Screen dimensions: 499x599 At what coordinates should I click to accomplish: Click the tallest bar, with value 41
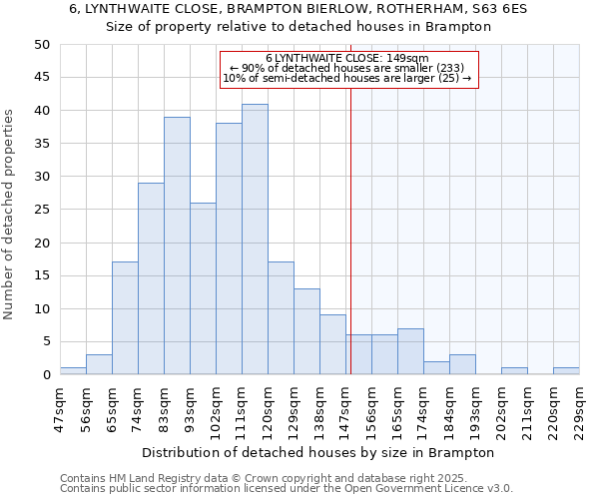(x=255, y=240)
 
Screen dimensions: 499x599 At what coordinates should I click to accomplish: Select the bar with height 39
(x=177, y=246)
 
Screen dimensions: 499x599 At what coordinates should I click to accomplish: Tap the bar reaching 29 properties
(x=151, y=278)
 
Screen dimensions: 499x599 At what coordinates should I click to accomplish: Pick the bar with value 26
(x=203, y=288)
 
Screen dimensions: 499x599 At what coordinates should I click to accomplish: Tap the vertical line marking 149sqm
(x=350, y=230)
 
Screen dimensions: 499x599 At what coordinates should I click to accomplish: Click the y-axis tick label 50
(x=42, y=45)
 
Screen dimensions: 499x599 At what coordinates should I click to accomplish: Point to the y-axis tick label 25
(x=42, y=210)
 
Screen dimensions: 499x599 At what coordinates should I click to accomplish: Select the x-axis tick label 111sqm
(x=242, y=407)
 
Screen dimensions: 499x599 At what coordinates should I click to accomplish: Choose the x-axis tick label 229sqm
(x=579, y=407)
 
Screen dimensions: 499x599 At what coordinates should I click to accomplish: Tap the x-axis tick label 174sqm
(x=423, y=407)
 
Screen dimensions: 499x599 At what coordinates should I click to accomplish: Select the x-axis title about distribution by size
(x=318, y=452)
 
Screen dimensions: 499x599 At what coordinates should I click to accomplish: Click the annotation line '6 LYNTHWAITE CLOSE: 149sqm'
(x=347, y=58)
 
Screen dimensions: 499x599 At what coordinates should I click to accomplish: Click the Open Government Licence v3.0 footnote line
(x=287, y=488)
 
